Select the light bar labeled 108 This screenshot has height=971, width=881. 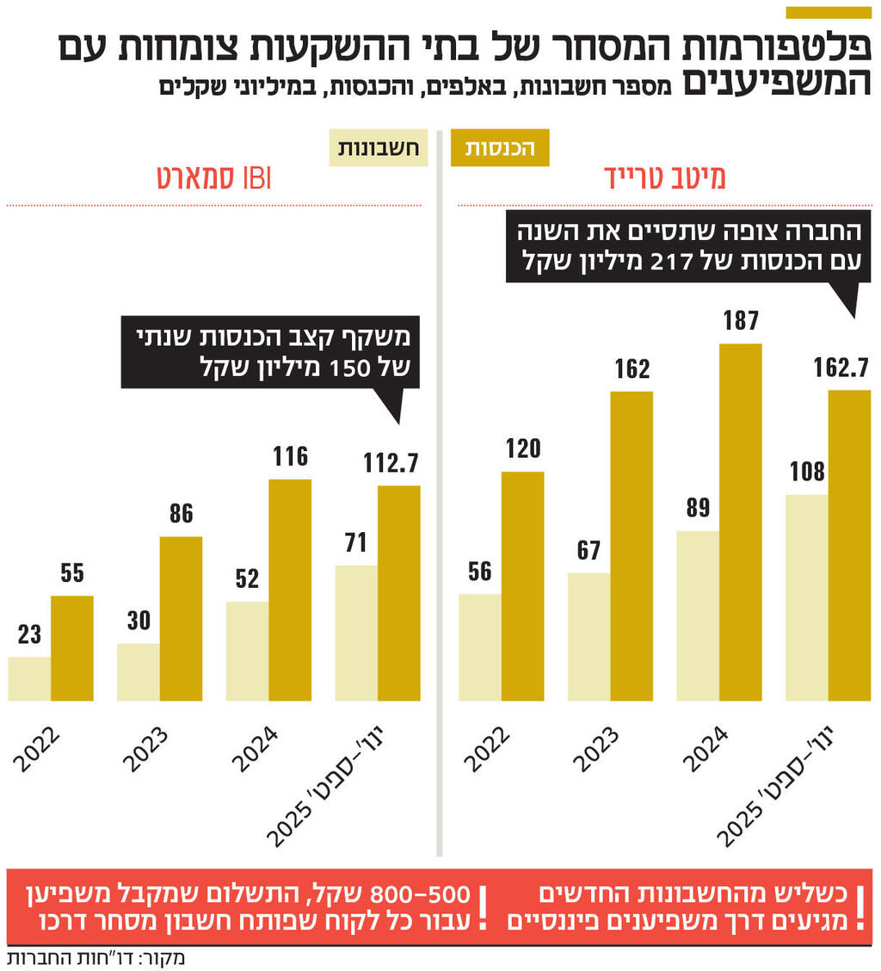pyautogui.click(x=806, y=597)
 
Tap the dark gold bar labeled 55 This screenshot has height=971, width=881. pyautogui.click(x=72, y=648)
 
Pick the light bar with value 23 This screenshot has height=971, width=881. pyautogui.click(x=29, y=678)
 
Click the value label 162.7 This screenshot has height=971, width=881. pyautogui.click(x=842, y=368)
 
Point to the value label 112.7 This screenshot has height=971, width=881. pyautogui.click(x=391, y=463)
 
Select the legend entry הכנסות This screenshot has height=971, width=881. pyautogui.click(x=500, y=147)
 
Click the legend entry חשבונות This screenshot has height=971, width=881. pyautogui.click(x=379, y=147)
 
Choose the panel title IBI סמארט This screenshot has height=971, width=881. pyautogui.click(x=214, y=176)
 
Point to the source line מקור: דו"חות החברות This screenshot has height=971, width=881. pyautogui.click(x=95, y=957)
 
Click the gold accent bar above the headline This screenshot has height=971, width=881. pyautogui.click(x=829, y=12)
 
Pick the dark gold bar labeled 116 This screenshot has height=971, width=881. pyautogui.click(x=290, y=590)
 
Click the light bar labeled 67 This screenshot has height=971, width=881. pyautogui.click(x=588, y=636)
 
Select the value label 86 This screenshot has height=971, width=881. pyautogui.click(x=182, y=514)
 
